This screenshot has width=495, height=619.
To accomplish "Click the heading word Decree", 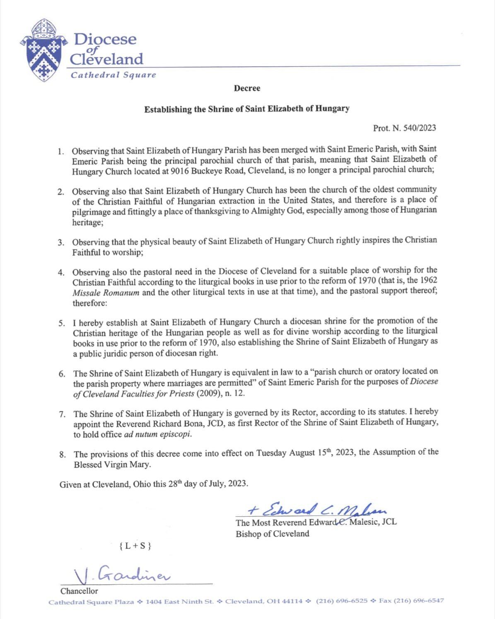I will pyautogui.click(x=247, y=88).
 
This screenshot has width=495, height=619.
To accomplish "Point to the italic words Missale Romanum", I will pyautogui.click(x=106, y=293).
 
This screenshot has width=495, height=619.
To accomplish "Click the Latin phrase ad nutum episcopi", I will pyautogui.click(x=158, y=435).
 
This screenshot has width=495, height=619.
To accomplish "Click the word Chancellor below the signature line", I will pyautogui.click(x=79, y=591).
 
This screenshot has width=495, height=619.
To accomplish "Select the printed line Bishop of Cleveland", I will pyautogui.click(x=272, y=534).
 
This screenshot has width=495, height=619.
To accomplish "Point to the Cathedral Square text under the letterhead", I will pyautogui.click(x=113, y=75).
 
